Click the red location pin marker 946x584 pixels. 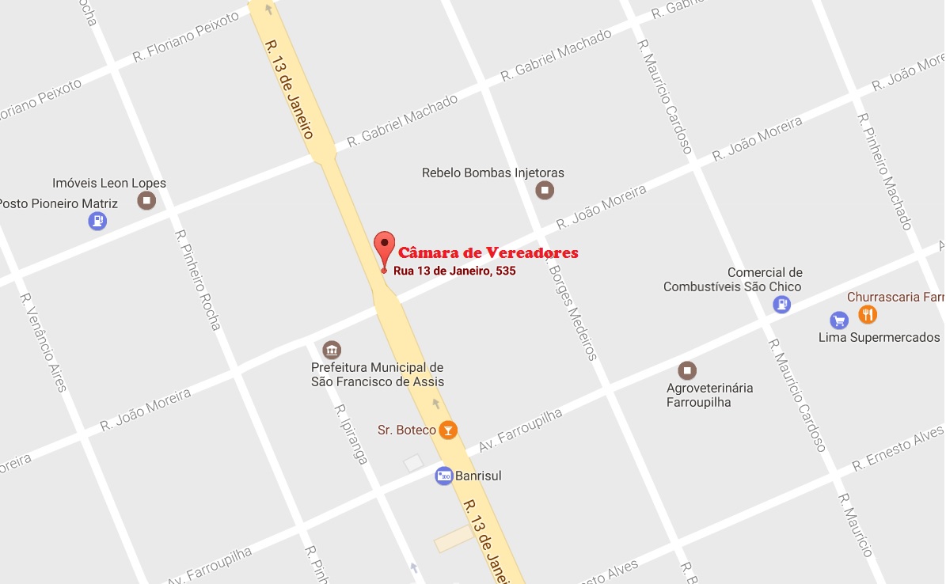coord(384,246)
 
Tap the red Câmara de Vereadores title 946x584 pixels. coord(488,253)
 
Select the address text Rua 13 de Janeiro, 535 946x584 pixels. coord(454,271)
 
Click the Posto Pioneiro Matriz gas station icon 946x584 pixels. coord(97,221)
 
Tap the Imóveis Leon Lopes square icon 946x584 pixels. coord(146,200)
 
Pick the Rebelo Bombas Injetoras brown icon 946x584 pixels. coord(545,190)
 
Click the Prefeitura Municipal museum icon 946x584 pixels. coord(332,350)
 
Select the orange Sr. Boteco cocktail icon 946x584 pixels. coord(448,430)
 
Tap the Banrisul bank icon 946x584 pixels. coord(444,476)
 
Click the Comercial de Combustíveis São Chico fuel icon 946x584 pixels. coord(782,304)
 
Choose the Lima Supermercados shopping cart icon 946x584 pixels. coord(839,320)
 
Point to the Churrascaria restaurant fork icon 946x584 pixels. coord(868,315)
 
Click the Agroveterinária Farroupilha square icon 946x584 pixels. coord(688,370)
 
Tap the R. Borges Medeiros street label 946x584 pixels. coord(572,312)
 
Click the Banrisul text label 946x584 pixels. coord(479,476)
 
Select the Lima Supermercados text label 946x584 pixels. coord(879,338)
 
